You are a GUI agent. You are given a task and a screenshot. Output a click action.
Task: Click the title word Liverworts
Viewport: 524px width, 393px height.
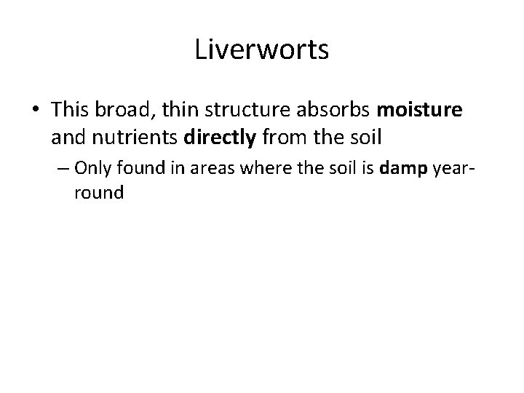pyautogui.click(x=262, y=51)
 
